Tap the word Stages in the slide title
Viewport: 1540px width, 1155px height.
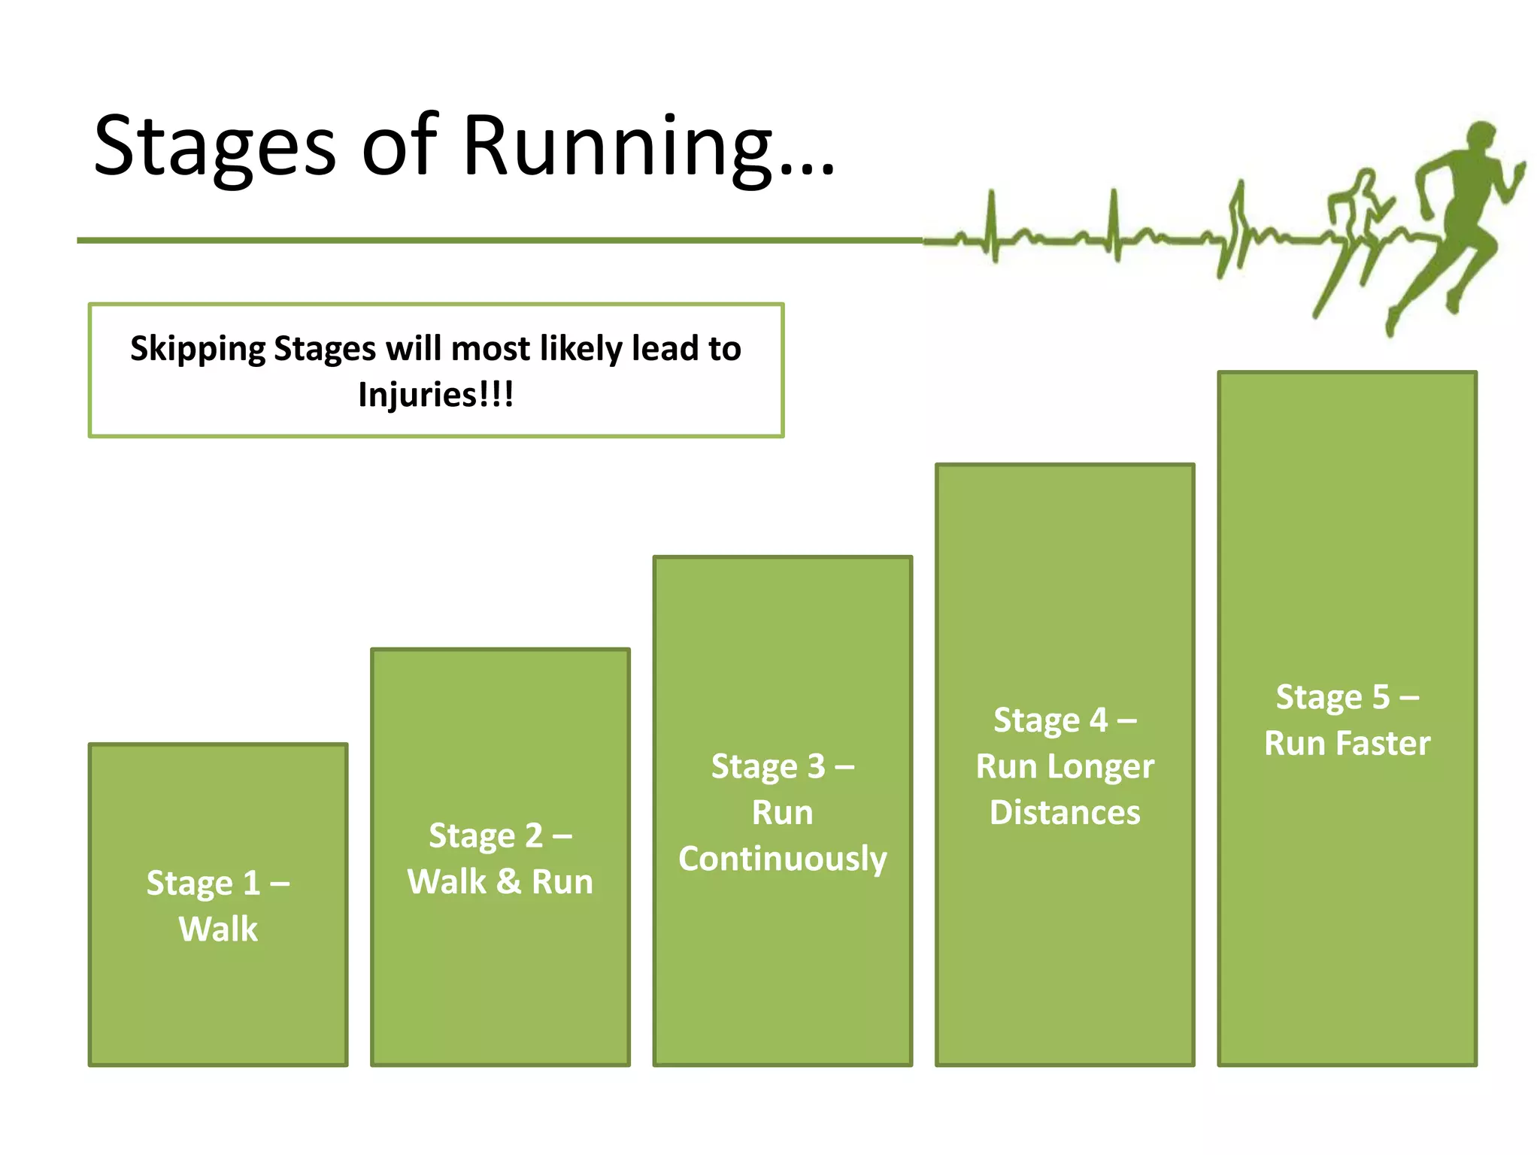tap(214, 147)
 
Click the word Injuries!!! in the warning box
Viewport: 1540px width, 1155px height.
tap(436, 395)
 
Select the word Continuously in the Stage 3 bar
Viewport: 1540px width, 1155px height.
tap(782, 859)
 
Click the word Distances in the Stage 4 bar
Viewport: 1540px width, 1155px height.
tap(1065, 813)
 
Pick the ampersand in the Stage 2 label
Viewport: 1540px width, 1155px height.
tap(509, 881)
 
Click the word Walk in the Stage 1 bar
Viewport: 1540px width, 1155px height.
tap(218, 929)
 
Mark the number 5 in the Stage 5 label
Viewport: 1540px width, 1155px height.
tap(1381, 697)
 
